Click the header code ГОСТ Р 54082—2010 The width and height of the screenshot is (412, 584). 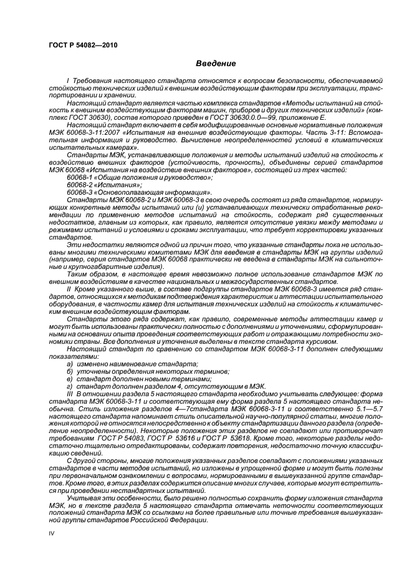pos(82,45)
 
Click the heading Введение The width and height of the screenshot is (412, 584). pos(216,64)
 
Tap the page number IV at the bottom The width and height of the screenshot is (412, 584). pos(52,533)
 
